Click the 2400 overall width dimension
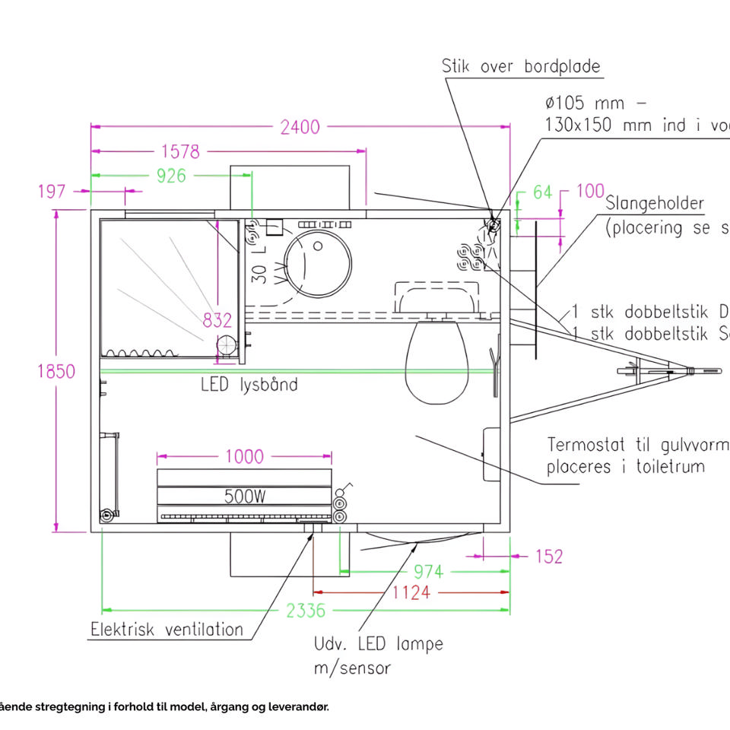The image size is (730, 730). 300,127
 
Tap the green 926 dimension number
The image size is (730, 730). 171,176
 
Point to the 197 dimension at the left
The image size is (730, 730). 52,191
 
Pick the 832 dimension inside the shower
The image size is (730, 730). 217,320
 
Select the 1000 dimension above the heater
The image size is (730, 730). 245,456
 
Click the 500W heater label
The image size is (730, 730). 245,497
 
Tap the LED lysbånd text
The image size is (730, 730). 249,384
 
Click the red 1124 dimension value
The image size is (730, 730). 411,592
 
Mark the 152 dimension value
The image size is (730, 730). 548,557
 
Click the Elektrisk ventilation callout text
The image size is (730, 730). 167,630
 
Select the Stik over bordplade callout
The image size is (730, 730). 521,67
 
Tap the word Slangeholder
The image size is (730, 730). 655,204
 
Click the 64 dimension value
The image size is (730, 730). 542,192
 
